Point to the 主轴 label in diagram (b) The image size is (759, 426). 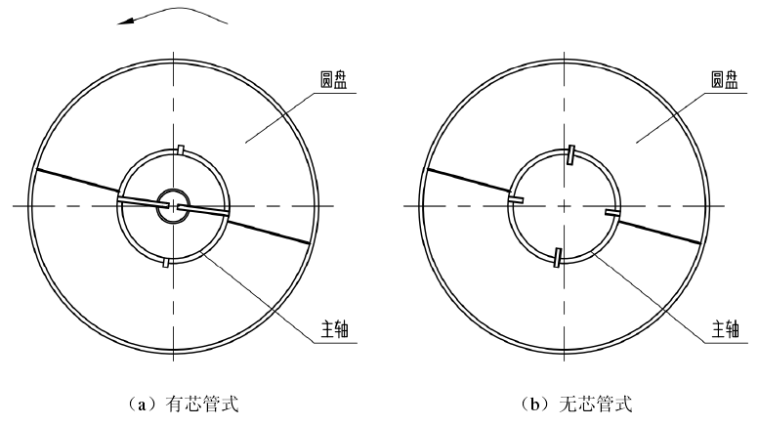[724, 332]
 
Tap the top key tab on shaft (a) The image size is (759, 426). [182, 149]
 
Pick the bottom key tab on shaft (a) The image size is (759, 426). [166, 261]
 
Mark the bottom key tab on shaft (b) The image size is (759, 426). [557, 257]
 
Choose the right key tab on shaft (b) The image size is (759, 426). [611, 211]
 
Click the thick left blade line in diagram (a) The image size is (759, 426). [76, 184]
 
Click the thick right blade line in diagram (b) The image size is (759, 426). [659, 229]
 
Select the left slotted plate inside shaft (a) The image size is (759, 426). [143, 200]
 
